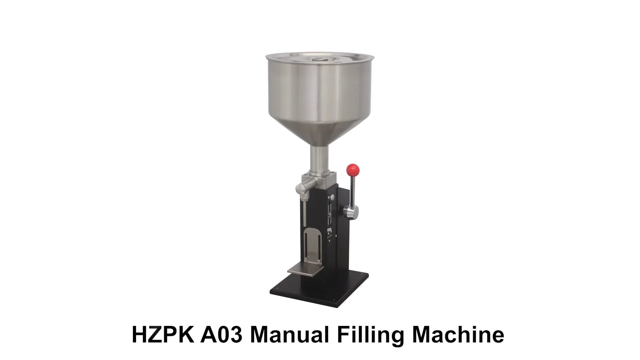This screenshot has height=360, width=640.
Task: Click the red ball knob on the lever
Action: [x=353, y=170]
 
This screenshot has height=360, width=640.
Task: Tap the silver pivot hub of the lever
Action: [x=351, y=211]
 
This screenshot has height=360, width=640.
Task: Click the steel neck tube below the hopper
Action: [x=319, y=160]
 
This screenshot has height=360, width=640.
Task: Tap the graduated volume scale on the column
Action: [x=331, y=213]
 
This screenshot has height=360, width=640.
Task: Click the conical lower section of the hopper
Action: [x=319, y=132]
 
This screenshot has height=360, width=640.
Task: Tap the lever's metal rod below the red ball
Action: [x=354, y=190]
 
